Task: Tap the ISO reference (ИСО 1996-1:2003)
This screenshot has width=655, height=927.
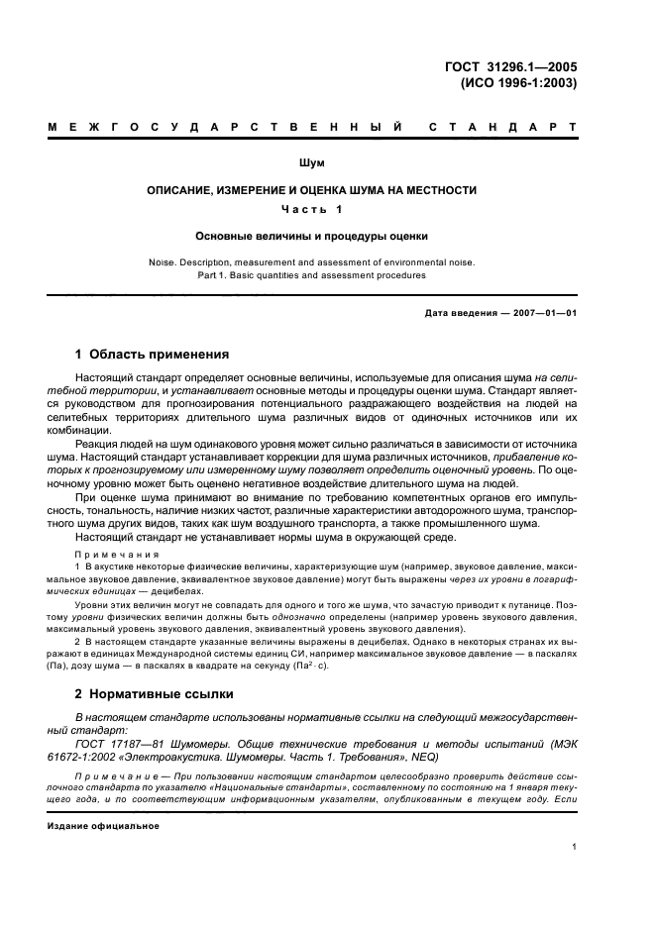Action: (519, 83)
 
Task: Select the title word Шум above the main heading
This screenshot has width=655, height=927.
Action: (312, 161)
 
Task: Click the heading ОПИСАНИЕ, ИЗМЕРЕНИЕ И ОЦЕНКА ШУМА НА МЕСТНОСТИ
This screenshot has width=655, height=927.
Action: (312, 189)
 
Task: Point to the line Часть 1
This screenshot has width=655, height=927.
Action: (312, 210)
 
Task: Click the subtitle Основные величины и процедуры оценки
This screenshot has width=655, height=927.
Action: (312, 237)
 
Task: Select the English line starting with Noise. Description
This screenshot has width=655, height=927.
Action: (312, 262)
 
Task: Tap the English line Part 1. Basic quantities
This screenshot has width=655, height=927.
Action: (312, 275)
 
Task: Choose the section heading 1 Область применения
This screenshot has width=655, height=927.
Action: (153, 355)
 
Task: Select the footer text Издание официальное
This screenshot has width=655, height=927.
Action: (103, 825)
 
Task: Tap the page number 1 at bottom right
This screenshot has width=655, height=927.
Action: (574, 847)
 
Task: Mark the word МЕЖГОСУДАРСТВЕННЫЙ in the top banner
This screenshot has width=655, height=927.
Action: (223, 127)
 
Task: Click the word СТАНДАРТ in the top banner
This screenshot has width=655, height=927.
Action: (502, 127)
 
